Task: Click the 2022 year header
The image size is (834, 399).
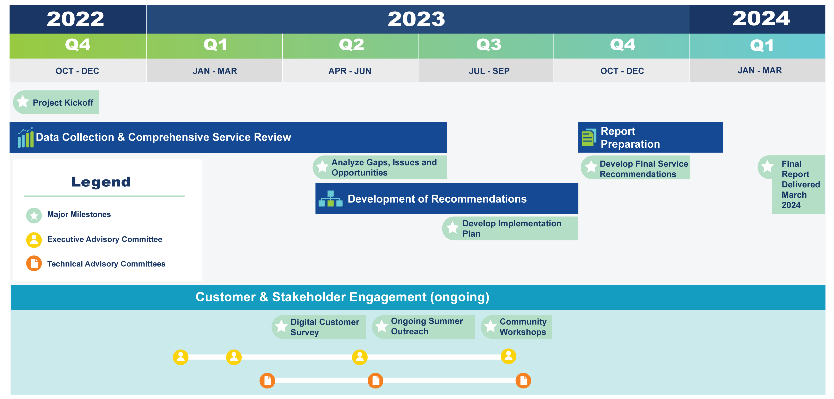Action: (x=75, y=19)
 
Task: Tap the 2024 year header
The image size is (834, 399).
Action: (x=761, y=19)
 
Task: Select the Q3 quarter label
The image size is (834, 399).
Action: (x=489, y=45)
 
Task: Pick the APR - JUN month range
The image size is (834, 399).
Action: (x=350, y=71)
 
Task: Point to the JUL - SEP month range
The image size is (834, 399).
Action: (x=489, y=71)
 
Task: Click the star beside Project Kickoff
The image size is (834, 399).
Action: (x=23, y=102)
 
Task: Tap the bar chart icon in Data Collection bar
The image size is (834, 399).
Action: (x=25, y=138)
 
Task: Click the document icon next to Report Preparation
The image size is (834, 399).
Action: (x=588, y=138)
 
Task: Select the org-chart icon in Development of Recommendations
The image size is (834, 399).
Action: (x=330, y=199)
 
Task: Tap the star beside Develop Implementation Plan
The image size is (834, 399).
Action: (x=452, y=228)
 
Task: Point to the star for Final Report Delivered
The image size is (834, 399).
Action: (x=767, y=167)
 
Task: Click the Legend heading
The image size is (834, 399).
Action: (x=101, y=182)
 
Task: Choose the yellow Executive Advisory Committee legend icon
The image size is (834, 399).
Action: (x=34, y=240)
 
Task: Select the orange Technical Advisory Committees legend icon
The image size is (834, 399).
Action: (x=34, y=263)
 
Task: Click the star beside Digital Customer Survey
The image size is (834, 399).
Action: (x=281, y=326)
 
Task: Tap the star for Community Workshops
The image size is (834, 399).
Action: (x=490, y=326)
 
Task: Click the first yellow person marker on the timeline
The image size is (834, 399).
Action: (x=181, y=357)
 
